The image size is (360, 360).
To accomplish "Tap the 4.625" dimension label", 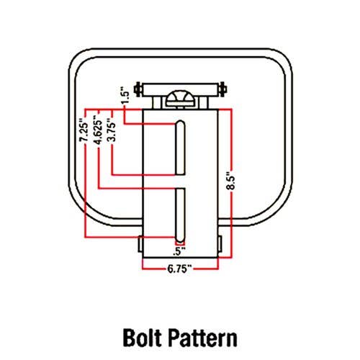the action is [x=98, y=130].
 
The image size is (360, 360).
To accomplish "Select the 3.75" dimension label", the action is [x=112, y=130].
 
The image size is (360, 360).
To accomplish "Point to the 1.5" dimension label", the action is [x=125, y=95].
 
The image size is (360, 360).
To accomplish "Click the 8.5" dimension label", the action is [x=231, y=180].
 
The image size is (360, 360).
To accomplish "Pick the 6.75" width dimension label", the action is [x=180, y=269].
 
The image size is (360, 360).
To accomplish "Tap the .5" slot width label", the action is [x=179, y=251].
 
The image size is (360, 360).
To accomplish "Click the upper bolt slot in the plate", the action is [x=180, y=148].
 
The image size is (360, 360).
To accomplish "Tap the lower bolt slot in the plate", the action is [x=180, y=215].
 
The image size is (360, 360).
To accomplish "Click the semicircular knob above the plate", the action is [x=180, y=98].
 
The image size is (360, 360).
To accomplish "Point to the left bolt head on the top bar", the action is [x=138, y=89].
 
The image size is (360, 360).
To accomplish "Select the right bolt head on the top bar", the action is [x=223, y=89].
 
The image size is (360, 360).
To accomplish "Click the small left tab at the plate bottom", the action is [x=140, y=244].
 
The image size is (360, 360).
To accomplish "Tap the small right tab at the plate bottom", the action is [x=220, y=244].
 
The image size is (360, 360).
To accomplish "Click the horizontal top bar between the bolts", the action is [x=180, y=89].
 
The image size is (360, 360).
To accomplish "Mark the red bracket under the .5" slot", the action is [x=180, y=244].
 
